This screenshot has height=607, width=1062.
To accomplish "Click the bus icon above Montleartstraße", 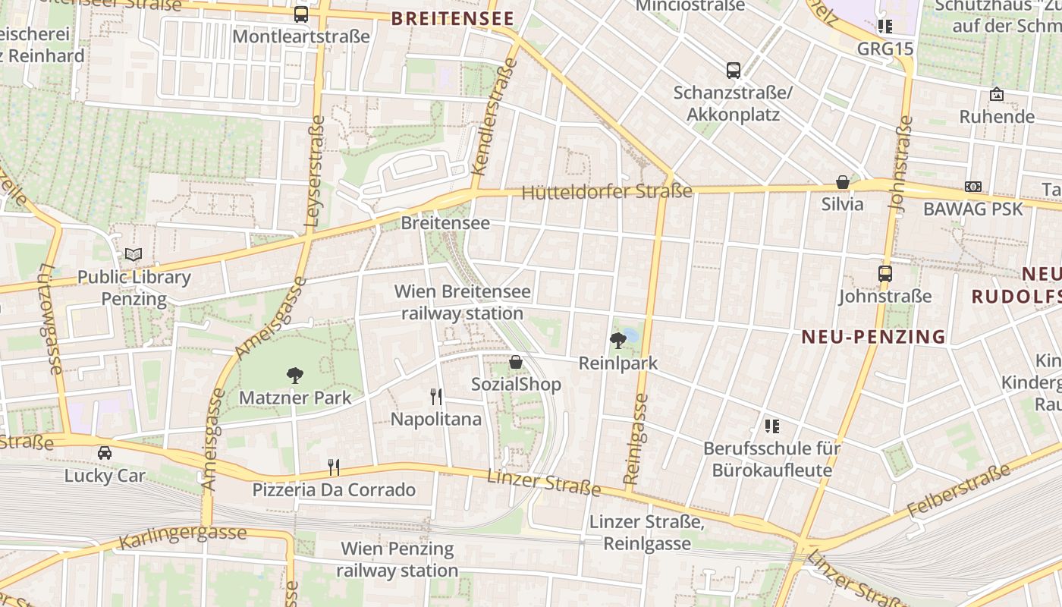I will (301, 14).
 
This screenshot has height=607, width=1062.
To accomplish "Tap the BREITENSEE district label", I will (452, 19).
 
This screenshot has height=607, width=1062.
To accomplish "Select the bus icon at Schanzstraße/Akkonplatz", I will (733, 71).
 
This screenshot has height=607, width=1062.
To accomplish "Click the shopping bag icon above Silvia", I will (842, 182).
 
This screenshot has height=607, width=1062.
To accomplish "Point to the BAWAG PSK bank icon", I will (972, 187).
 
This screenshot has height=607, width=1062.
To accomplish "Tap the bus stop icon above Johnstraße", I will (884, 274).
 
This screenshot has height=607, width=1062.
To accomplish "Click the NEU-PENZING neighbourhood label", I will (873, 337).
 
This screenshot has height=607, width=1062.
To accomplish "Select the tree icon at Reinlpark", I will (618, 341).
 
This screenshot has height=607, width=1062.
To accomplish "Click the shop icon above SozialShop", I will (516, 362).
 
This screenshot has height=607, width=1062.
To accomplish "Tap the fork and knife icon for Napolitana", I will (435, 396).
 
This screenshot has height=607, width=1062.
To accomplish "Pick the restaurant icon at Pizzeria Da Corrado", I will (333, 467).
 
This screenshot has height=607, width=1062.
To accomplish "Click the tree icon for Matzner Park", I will (295, 375).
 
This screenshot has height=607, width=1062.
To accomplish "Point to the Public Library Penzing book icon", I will (134, 254).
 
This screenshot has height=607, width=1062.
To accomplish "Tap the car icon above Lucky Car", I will (105, 453).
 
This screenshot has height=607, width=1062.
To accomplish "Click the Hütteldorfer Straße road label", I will (607, 192).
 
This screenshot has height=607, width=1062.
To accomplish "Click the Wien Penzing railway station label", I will (397, 559).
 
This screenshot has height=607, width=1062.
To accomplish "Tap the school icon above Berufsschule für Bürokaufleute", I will (772, 426).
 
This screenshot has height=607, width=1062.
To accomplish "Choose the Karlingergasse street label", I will (182, 535).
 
